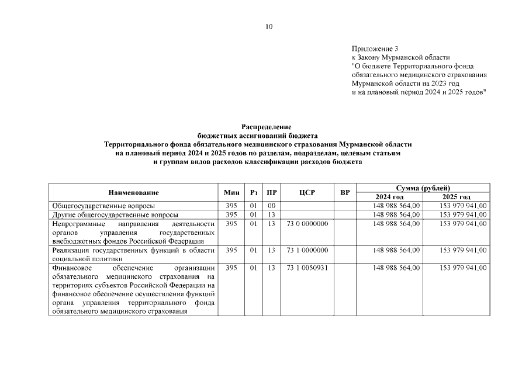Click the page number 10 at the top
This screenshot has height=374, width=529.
[269, 26]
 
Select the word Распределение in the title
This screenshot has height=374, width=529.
[266, 127]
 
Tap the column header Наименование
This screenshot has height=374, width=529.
[133, 192]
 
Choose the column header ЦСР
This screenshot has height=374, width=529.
[307, 192]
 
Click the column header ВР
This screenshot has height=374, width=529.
[345, 192]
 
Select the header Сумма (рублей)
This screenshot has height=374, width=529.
[423, 188]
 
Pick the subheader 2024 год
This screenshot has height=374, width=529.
[389, 197]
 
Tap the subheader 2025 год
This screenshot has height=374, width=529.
[457, 197]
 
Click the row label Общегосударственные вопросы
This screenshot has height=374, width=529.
[103, 206]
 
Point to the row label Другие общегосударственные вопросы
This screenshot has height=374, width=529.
[115, 214]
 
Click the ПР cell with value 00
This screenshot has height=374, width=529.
[271, 206]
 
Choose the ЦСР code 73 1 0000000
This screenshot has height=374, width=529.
[307, 250]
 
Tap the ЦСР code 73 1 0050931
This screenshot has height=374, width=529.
[307, 268]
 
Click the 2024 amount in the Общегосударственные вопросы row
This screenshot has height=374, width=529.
[396, 206]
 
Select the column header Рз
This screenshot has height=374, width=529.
[254, 192]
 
